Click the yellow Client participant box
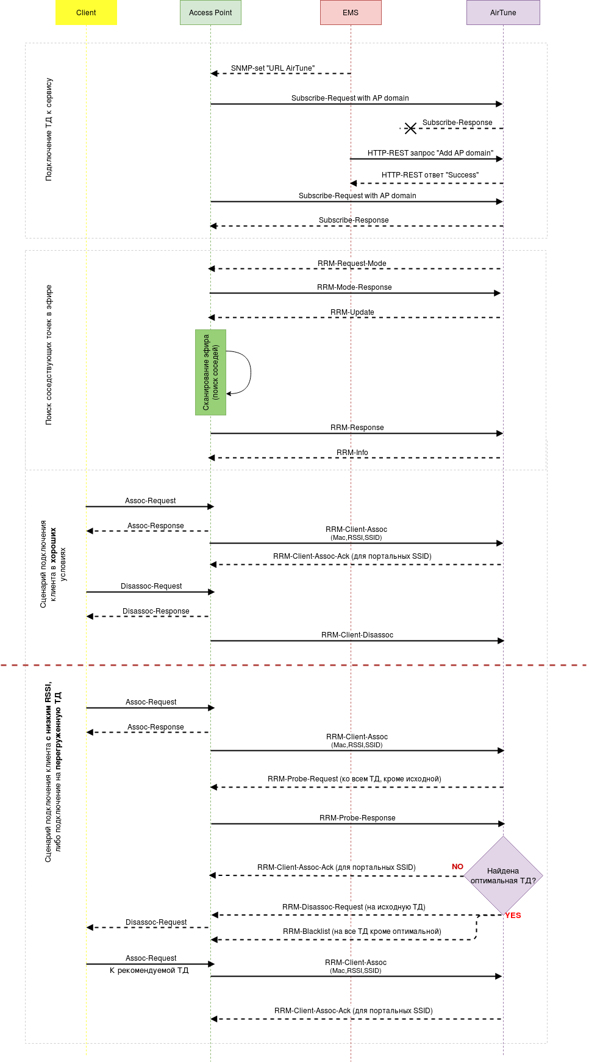click(86, 13)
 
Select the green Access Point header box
click(210, 13)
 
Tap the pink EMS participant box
click(351, 13)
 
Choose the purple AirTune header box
click(503, 13)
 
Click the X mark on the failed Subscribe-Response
click(410, 128)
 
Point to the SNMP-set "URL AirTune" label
click(273, 68)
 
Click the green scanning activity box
click(210, 372)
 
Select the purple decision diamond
click(503, 875)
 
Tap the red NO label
click(457, 866)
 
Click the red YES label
click(513, 915)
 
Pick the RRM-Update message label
click(352, 312)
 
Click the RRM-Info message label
click(352, 453)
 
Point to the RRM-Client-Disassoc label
click(357, 635)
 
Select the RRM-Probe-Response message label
click(357, 818)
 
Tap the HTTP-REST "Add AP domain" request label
click(430, 153)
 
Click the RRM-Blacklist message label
click(362, 931)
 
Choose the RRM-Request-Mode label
click(352, 264)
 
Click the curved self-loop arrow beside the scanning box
click(250, 372)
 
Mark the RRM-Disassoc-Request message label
click(354, 907)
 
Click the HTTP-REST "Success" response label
click(430, 175)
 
